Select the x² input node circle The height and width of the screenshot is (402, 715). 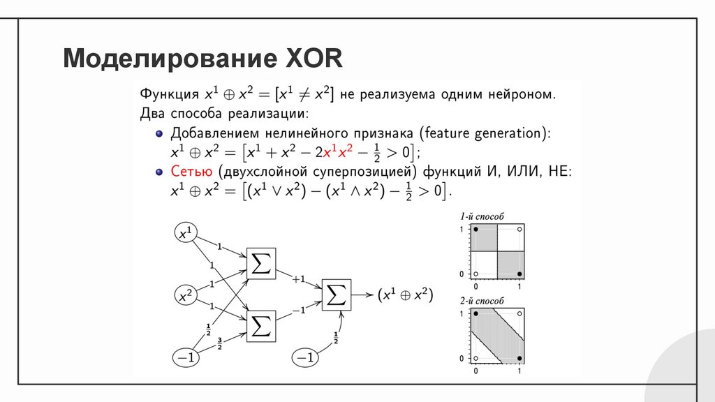[185, 296]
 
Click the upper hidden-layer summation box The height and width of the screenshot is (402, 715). [261, 264]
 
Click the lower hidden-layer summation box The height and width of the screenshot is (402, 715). [261, 326]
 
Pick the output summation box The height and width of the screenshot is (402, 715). [337, 295]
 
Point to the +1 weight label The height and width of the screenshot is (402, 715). [299, 279]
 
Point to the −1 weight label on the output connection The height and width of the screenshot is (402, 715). [299, 311]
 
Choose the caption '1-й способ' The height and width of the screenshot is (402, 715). [482, 217]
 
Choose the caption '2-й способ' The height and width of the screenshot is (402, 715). [482, 301]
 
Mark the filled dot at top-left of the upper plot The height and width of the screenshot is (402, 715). [476, 230]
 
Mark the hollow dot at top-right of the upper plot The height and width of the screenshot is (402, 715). [519, 230]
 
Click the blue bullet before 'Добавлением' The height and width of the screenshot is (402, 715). [159, 133]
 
